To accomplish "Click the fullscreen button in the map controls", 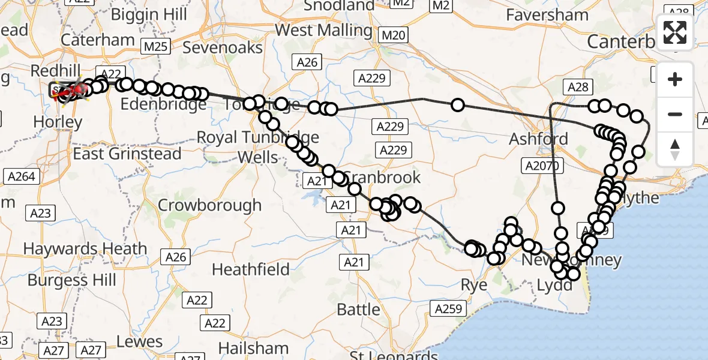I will click(675, 32).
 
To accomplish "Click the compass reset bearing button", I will click(675, 149).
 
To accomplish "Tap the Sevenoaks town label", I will click(223, 47).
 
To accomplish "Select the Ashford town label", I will click(538, 139).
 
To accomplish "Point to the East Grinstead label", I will click(127, 154).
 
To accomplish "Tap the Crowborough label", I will click(209, 205).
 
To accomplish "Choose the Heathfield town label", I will click(251, 269).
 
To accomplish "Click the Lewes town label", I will click(139, 342).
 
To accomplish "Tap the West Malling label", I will click(323, 29).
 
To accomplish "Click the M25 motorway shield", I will click(157, 46).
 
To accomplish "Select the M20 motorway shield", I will click(394, 35).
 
